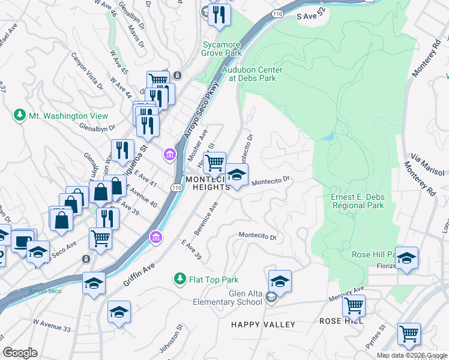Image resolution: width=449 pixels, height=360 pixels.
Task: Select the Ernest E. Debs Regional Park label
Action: (357, 202)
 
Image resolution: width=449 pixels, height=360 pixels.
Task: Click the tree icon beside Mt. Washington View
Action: (20, 115)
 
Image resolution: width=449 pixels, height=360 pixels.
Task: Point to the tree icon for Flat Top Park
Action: (179, 280)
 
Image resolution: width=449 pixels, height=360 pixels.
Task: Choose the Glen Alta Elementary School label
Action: (228, 298)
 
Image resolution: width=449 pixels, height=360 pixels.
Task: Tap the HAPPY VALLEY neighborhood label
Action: (263, 325)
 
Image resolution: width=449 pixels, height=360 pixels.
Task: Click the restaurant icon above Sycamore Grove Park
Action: (220, 13)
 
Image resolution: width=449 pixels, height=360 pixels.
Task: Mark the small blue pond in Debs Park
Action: (328, 137)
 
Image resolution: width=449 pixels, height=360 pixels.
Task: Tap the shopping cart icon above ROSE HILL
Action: (354, 305)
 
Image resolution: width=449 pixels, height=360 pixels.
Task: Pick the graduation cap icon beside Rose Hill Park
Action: (406, 257)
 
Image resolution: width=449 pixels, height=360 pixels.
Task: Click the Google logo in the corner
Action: (20, 353)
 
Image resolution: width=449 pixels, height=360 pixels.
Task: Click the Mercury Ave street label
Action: (346, 293)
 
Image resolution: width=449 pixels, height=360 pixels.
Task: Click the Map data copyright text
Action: (412, 355)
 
